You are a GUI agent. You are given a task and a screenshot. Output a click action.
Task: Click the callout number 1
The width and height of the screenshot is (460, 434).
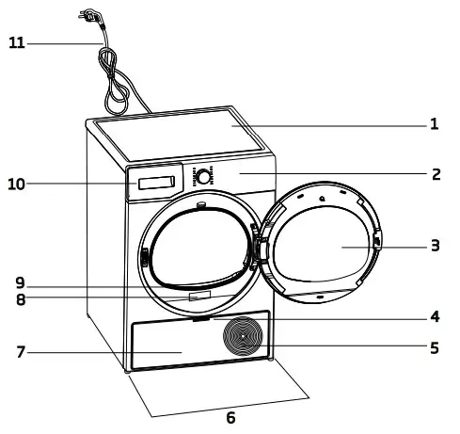(435, 123)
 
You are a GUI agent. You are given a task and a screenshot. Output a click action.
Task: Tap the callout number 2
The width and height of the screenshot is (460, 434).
(435, 174)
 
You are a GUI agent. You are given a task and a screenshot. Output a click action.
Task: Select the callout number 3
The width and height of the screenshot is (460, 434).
(435, 247)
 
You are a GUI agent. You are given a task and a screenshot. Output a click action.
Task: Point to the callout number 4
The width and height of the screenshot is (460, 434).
(435, 317)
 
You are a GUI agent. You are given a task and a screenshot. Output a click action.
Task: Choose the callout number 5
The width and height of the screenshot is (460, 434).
(435, 347)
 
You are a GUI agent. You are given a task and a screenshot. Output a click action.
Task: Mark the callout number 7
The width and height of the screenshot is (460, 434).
(20, 353)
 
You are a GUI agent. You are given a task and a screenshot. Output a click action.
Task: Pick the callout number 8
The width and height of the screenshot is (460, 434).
(20, 301)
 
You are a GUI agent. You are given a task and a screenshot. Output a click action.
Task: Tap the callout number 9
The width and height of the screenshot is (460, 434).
(20, 282)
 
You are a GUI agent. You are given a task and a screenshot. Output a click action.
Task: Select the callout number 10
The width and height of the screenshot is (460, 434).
(16, 185)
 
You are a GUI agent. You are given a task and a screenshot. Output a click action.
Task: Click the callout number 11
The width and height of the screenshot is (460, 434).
(16, 43)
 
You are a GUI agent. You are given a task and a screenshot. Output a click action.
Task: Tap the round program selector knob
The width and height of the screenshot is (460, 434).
(202, 177)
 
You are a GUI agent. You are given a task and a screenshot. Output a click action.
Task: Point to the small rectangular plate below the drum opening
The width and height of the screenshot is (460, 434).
(198, 297)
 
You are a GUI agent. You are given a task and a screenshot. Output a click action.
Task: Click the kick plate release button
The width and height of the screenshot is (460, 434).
(199, 319)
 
